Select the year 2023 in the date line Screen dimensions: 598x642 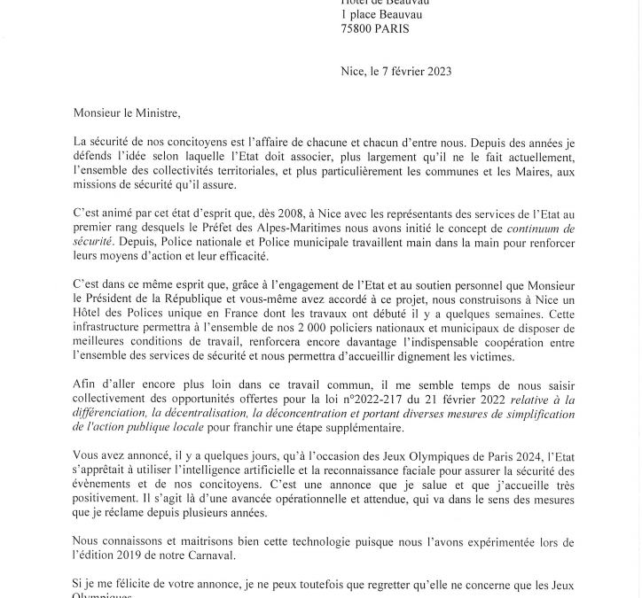pos(435,72)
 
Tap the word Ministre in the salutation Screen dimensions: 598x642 pos(156,113)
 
